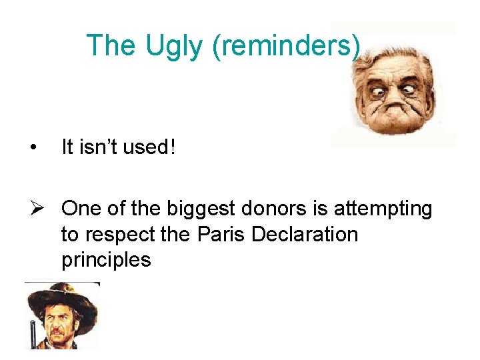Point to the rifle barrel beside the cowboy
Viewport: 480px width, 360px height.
coord(31,333)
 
